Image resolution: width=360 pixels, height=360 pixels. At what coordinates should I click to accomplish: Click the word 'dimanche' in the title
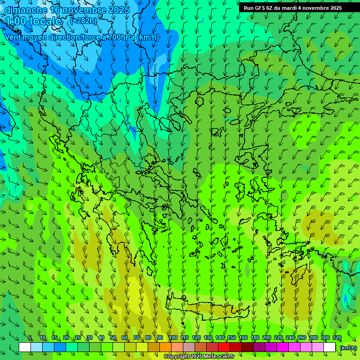[x=26, y=10]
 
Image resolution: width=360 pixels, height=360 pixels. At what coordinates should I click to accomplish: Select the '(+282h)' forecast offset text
[x=83, y=21]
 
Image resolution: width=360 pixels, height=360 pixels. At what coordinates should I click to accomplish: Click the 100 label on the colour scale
[x=173, y=338]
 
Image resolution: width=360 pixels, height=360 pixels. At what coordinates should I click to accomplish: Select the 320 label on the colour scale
[x=337, y=338]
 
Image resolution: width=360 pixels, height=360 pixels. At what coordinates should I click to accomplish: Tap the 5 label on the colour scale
[x=30, y=338]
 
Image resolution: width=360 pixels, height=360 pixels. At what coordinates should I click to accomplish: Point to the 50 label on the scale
[x=113, y=338]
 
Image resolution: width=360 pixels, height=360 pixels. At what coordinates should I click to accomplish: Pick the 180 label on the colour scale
[x=255, y=338]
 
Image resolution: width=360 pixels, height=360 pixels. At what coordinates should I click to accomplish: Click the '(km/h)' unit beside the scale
[x=348, y=348]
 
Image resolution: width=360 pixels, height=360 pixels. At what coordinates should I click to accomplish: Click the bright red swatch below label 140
[x=224, y=347]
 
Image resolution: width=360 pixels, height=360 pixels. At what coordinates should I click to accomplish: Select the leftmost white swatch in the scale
[x=25, y=347]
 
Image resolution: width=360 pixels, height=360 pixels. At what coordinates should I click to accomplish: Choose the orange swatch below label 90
[x=165, y=347]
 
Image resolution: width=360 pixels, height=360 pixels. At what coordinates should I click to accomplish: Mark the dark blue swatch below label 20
[x=60, y=347]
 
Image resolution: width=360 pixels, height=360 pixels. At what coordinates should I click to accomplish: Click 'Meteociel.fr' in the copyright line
[x=216, y=357]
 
